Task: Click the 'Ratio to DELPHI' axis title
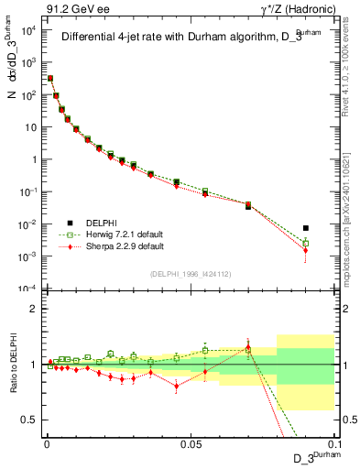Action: point(12,364)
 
